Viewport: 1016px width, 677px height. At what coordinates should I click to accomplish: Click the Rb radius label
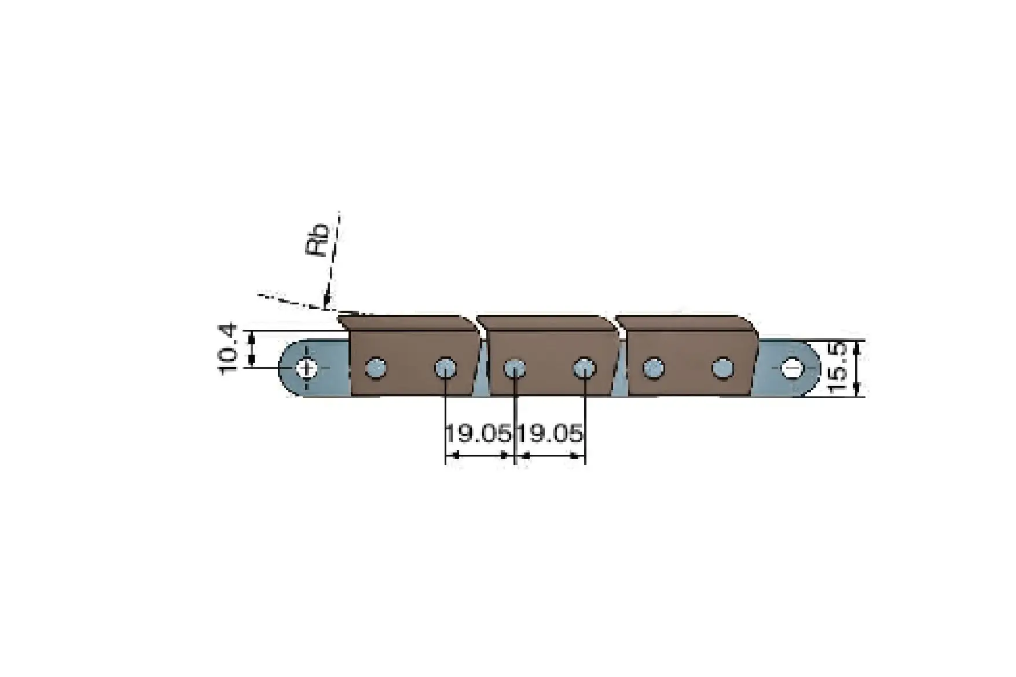tap(317, 240)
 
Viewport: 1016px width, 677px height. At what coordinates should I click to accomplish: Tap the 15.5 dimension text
tap(837, 368)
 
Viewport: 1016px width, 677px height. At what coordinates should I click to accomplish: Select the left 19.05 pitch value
tap(479, 433)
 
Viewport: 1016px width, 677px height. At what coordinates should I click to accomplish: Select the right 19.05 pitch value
tap(550, 433)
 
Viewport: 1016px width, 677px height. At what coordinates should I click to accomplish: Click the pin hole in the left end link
tap(305, 368)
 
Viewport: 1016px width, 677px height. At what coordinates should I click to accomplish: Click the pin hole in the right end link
tap(791, 368)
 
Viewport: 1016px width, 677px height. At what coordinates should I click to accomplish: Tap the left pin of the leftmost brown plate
tap(376, 368)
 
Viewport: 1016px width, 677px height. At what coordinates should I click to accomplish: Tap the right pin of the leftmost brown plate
tap(445, 368)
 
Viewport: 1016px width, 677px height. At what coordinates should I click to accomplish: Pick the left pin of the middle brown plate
tap(514, 368)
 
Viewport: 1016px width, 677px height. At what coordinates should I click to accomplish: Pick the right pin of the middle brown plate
tap(584, 368)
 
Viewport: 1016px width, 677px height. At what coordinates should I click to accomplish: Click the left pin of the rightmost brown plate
tap(654, 368)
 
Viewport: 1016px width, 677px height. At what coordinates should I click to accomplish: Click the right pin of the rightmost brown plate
tap(722, 368)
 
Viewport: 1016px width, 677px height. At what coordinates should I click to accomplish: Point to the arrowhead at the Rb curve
tap(327, 301)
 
